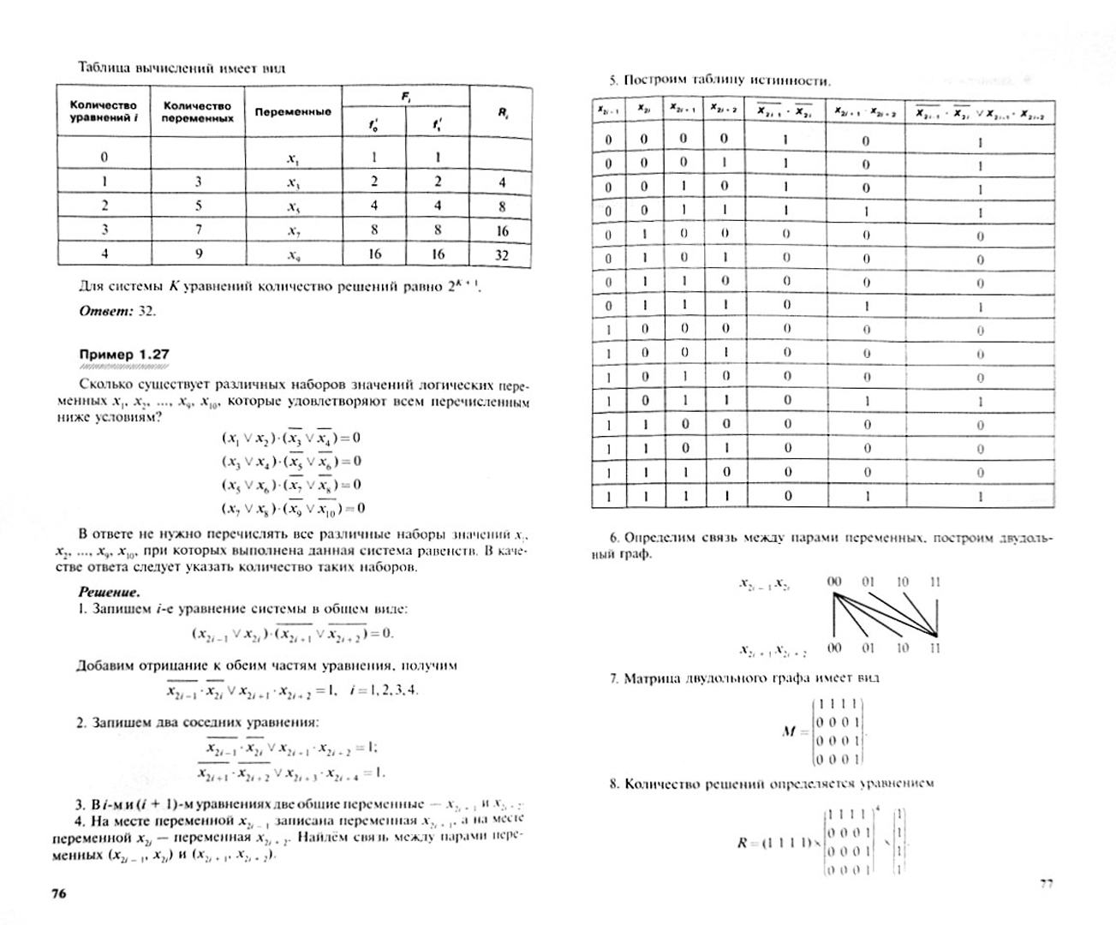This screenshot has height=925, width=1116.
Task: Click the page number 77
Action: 1046,885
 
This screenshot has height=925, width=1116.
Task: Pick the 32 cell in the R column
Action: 502,254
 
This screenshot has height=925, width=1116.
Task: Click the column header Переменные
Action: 292,111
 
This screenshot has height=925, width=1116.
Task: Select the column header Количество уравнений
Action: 104,111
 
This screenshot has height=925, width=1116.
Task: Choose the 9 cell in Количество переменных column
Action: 198,254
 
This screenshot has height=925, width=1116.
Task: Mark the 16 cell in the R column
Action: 502,230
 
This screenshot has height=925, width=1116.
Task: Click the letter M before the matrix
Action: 789,732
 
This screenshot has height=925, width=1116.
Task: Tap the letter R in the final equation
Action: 742,843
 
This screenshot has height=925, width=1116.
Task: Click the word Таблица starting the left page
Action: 103,68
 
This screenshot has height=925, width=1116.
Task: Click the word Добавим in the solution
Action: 104,665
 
